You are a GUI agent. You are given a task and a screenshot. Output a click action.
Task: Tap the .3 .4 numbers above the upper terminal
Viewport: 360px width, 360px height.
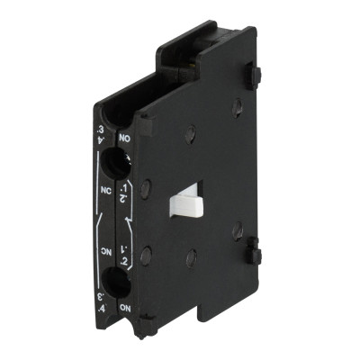coord(99,141)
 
